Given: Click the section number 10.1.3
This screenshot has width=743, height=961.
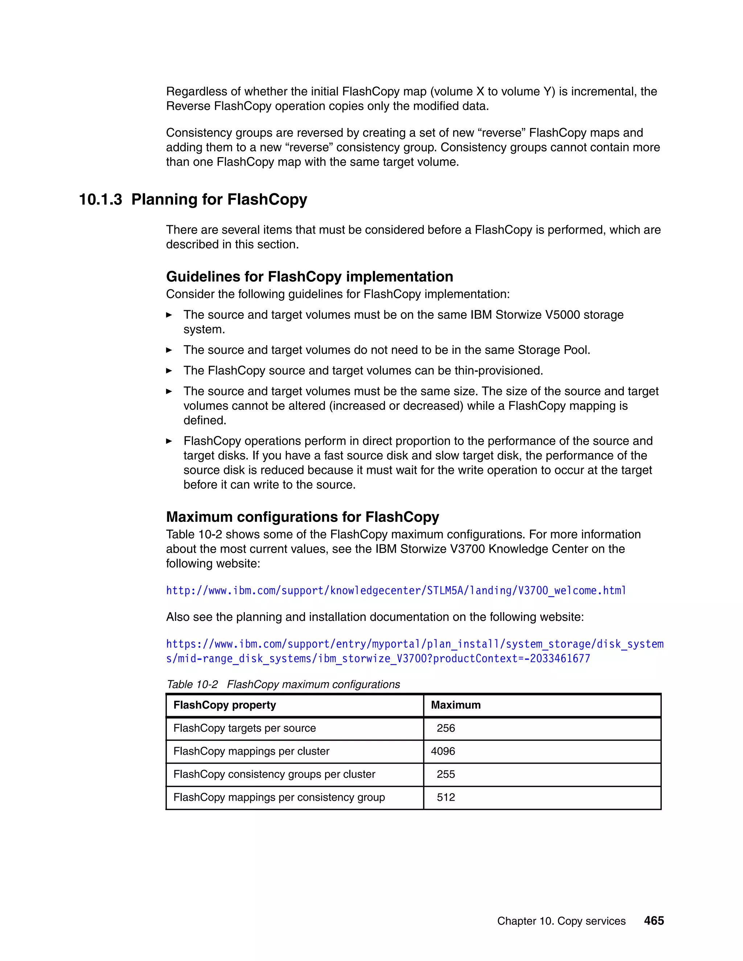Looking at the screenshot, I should tap(100, 199).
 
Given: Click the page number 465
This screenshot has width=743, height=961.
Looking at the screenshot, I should tap(654, 920).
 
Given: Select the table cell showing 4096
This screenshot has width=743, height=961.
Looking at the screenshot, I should tap(443, 751).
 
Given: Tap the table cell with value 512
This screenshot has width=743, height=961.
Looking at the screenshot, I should tap(446, 797).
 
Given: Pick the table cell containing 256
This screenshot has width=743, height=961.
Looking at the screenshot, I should tap(446, 728).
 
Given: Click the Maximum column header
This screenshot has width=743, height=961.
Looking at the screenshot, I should tap(456, 705).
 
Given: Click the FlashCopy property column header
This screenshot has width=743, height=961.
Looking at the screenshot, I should tap(225, 705).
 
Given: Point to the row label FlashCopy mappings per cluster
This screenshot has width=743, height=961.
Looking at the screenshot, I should tap(251, 751).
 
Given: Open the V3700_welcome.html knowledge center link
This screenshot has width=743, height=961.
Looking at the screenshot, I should tap(396, 590).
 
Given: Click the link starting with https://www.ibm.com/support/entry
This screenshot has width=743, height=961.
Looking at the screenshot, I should tap(414, 644).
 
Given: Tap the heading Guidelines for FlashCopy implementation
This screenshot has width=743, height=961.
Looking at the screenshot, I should tap(309, 276).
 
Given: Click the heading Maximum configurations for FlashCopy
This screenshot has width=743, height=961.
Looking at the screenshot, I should tap(303, 516).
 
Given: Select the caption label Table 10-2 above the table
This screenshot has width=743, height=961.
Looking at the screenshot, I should tap(192, 684).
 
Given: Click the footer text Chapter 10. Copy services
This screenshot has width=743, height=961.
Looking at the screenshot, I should tap(561, 921).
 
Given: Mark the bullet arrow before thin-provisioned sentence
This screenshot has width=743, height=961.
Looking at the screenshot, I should tap(169, 371).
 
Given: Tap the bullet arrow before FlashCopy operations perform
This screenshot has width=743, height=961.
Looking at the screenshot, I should tap(169, 441).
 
